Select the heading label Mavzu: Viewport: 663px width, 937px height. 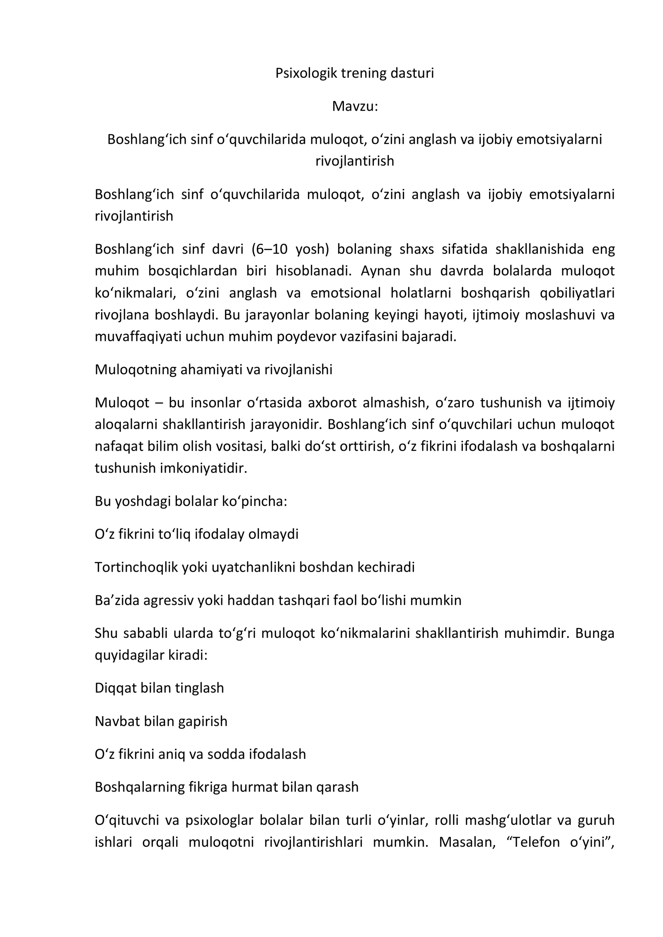point(355,106)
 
